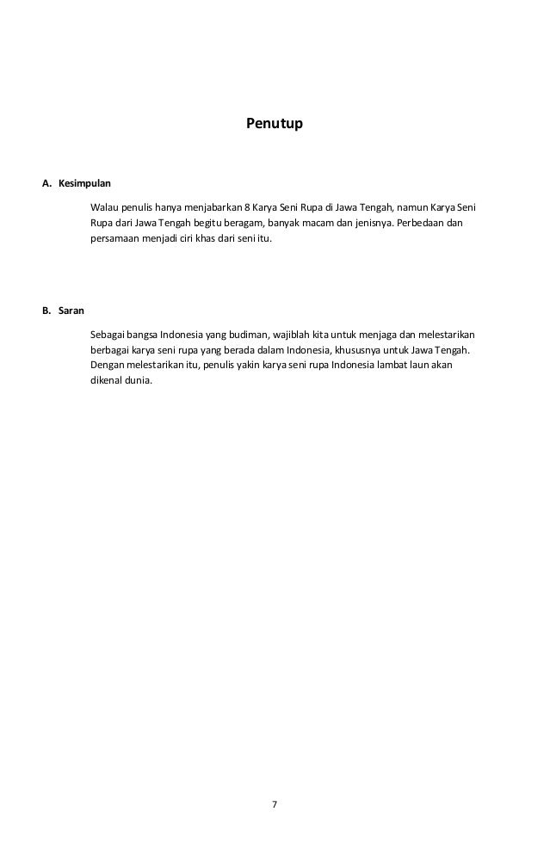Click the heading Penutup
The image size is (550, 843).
pos(275,124)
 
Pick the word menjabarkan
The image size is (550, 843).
pos(213,207)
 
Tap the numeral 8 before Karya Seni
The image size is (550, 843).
pos(247,207)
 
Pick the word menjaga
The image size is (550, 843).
pos(374,334)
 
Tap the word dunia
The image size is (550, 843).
pos(138,382)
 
